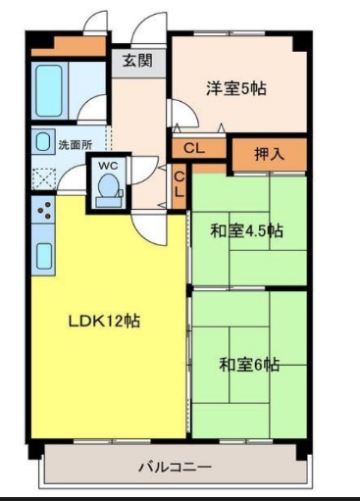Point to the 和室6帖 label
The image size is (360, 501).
click(248, 365)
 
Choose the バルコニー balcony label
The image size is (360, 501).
click(174, 467)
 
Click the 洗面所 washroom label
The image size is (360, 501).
click(75, 145)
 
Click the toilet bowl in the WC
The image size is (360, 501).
click(108, 187)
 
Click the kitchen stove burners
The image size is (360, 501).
click(43, 209)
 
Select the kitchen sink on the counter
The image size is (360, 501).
click(44, 254)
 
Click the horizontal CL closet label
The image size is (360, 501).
click(193, 149)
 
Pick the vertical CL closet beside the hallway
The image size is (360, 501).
click(180, 184)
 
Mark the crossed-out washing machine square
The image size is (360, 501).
click(44, 177)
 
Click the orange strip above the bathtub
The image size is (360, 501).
click(67, 47)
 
